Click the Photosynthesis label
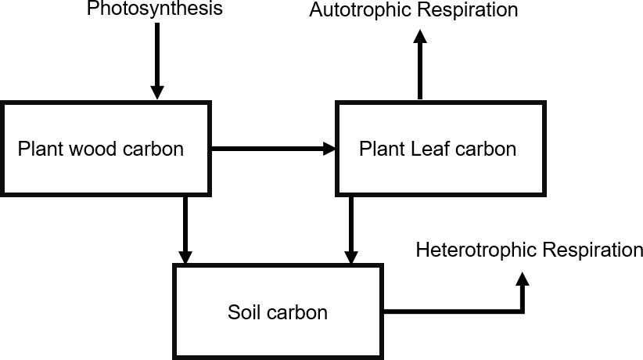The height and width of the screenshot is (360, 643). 154,9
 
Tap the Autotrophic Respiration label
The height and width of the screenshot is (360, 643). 413,10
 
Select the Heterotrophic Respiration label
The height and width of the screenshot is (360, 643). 529,250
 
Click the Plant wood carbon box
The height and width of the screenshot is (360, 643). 106,148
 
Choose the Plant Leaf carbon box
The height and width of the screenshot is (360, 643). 440,148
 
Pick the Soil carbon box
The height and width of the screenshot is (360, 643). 278,312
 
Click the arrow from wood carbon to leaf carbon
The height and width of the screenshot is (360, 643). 274,148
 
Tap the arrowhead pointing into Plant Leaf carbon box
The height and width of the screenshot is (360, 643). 329,148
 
